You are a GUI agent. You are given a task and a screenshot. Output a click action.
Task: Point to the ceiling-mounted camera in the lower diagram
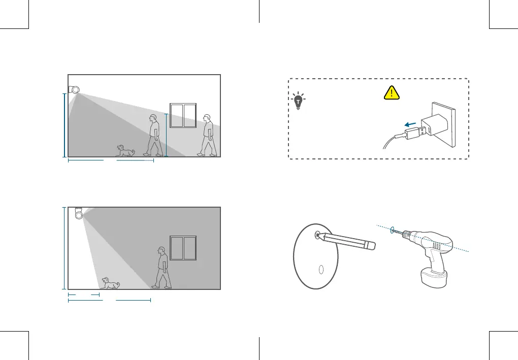click(79, 213)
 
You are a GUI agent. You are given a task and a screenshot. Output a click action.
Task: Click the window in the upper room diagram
click(183, 116)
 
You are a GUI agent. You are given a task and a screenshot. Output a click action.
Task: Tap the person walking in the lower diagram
click(163, 268)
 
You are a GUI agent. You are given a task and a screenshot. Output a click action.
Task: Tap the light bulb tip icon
click(298, 101)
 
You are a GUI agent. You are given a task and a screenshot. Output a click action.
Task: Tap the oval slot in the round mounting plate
click(319, 270)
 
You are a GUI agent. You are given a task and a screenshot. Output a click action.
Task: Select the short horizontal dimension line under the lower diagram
click(83, 294)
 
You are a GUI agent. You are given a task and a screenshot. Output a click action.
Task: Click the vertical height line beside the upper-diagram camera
click(64, 125)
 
